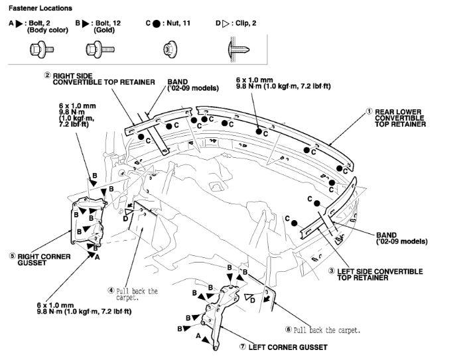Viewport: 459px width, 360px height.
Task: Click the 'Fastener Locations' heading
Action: tap(40, 8)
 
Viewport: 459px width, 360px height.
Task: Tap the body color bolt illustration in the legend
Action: tap(42, 49)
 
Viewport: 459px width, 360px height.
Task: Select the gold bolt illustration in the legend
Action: tap(100, 49)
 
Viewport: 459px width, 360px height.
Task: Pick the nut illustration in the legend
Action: tap(170, 49)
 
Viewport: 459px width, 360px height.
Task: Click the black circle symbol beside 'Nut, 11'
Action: tap(157, 24)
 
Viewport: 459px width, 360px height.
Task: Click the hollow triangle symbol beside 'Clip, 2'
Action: tap(226, 24)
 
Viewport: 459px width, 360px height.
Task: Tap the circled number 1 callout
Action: tap(369, 112)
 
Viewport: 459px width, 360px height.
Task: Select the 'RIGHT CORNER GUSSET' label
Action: tap(44, 260)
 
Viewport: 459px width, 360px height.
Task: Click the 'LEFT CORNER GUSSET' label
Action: tap(288, 347)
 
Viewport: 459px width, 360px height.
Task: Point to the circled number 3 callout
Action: tap(332, 271)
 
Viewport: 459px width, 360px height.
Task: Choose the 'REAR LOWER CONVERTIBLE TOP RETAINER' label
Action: tap(400, 118)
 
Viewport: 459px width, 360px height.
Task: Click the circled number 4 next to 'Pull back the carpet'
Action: tap(111, 290)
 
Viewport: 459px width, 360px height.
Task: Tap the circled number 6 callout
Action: tap(289, 330)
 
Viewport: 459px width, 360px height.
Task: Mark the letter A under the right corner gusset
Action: tap(98, 257)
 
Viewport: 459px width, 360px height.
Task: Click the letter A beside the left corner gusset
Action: tap(198, 336)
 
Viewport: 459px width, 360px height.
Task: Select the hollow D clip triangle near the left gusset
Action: tap(249, 298)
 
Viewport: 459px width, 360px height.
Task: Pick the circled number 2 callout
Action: tap(47, 75)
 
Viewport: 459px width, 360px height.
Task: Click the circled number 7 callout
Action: tap(242, 347)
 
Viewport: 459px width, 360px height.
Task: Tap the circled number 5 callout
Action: tap(13, 256)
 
